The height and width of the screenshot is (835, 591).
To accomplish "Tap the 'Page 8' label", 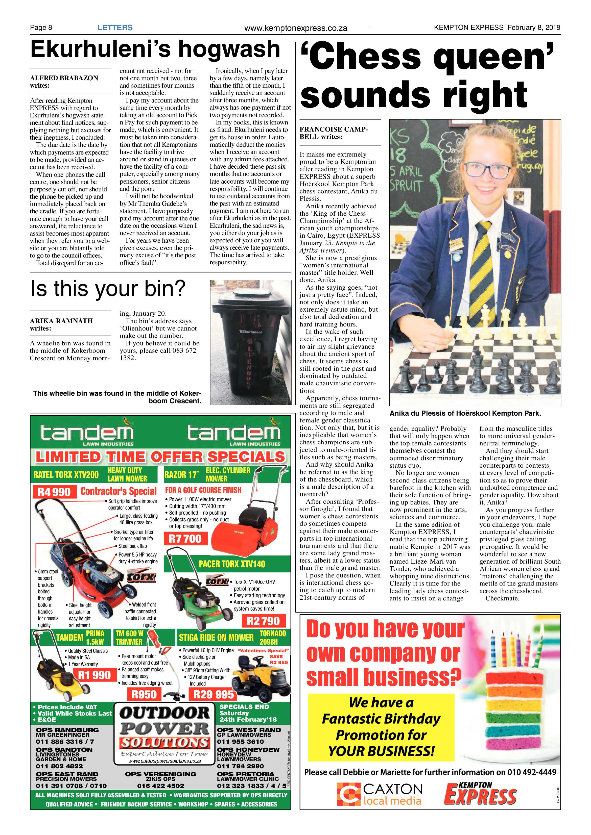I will coord(41,27).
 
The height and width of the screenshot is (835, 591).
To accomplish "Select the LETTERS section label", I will coord(115,27).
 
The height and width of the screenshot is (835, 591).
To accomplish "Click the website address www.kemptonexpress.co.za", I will coord(296,28).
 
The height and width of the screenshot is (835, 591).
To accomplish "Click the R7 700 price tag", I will coord(185,538).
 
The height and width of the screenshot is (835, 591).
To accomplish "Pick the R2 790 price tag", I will coord(264,621).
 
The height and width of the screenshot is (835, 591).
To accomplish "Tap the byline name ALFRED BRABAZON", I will coord(64,78).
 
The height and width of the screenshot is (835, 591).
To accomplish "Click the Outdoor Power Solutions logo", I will coord(164,732).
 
